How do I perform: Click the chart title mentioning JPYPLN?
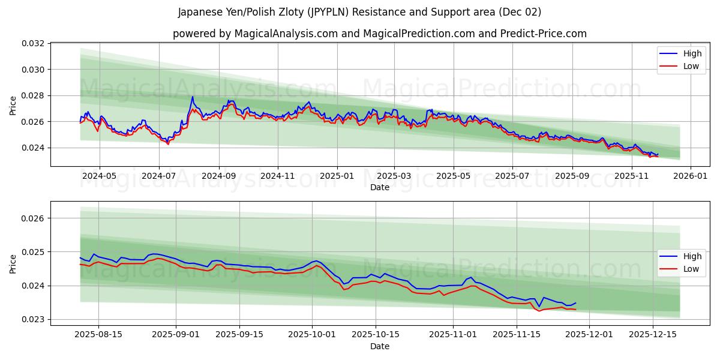(x=359, y=12)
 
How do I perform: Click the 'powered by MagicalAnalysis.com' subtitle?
(x=379, y=34)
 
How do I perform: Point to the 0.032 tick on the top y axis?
(x=34, y=44)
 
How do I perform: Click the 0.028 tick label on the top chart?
(x=34, y=95)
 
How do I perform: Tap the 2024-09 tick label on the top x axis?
(x=218, y=176)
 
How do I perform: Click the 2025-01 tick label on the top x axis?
(x=337, y=176)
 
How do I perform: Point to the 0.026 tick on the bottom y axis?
(x=34, y=218)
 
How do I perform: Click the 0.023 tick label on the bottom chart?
(x=34, y=319)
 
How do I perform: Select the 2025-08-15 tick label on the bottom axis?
(x=98, y=335)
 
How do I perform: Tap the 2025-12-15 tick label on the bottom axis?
(x=652, y=335)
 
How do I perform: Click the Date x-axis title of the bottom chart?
(x=379, y=346)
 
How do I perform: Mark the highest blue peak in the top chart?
(x=193, y=97)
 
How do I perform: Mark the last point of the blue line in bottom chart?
(x=575, y=303)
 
